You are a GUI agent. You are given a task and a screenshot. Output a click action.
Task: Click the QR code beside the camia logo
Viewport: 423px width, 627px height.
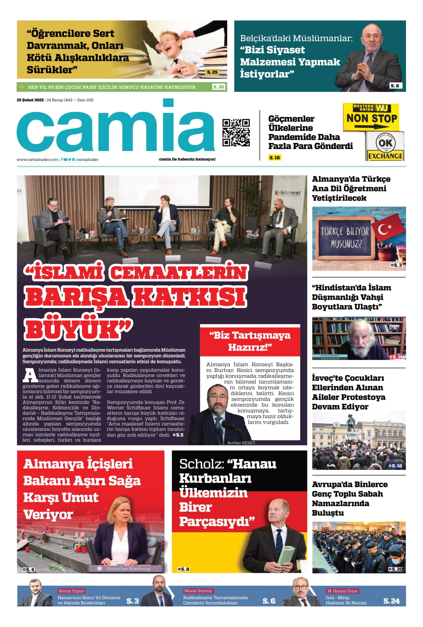(x=236, y=132)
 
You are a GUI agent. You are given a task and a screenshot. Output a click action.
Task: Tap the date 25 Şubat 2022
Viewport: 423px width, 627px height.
(x=30, y=100)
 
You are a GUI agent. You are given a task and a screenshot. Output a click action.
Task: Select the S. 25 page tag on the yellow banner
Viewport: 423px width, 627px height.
(x=212, y=72)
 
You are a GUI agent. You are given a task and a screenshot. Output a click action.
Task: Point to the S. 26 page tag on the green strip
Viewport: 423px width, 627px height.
(x=219, y=87)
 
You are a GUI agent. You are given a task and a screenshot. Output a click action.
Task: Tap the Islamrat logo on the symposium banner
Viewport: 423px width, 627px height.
(x=288, y=193)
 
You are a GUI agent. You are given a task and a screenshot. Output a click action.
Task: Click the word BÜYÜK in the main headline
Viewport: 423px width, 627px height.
(x=74, y=330)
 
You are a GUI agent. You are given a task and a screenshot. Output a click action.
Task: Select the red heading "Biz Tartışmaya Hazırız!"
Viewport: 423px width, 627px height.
(x=250, y=341)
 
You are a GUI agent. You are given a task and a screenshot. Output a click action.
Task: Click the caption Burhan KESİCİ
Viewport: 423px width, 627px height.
(x=241, y=443)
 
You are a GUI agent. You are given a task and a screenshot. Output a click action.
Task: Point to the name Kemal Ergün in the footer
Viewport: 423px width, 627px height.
(x=71, y=591)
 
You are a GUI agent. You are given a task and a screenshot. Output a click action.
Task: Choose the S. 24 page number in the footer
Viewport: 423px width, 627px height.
(x=391, y=601)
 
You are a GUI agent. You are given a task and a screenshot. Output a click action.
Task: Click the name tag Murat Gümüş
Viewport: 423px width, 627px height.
(x=198, y=591)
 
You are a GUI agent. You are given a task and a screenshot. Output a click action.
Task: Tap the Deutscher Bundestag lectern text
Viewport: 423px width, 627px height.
(x=128, y=569)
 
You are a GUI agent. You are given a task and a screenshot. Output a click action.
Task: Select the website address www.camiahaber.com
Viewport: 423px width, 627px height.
(x=37, y=160)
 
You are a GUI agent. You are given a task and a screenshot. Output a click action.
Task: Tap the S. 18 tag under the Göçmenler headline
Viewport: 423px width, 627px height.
(x=275, y=157)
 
